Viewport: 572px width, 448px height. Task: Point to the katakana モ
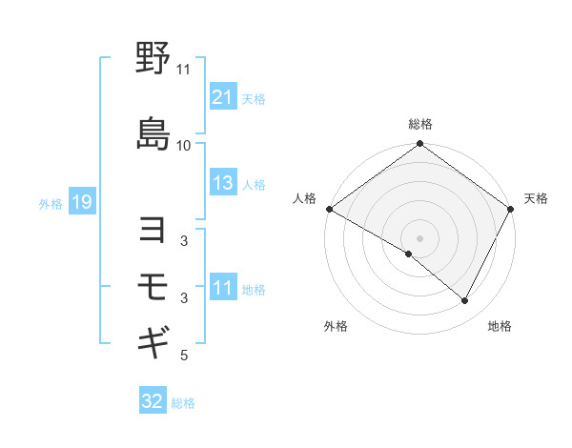click(153, 285)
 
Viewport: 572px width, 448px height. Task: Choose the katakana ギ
click(153, 340)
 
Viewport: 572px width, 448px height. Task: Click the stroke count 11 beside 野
click(183, 70)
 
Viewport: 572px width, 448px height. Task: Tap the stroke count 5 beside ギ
click(183, 356)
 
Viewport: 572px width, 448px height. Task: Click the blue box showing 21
click(222, 96)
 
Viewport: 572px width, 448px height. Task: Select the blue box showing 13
click(222, 183)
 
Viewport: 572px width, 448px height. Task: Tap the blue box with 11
click(222, 288)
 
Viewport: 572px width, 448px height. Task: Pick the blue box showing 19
click(81, 202)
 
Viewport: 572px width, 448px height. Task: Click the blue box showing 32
click(153, 401)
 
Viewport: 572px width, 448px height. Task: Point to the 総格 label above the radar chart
click(420, 124)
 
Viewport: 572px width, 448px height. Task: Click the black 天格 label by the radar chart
click(537, 198)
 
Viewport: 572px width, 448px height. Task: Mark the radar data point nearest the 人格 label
click(329, 209)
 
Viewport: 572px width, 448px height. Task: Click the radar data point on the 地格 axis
click(465, 301)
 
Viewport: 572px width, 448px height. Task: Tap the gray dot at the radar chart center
click(419, 237)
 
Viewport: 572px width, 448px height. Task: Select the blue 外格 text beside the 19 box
click(51, 203)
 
